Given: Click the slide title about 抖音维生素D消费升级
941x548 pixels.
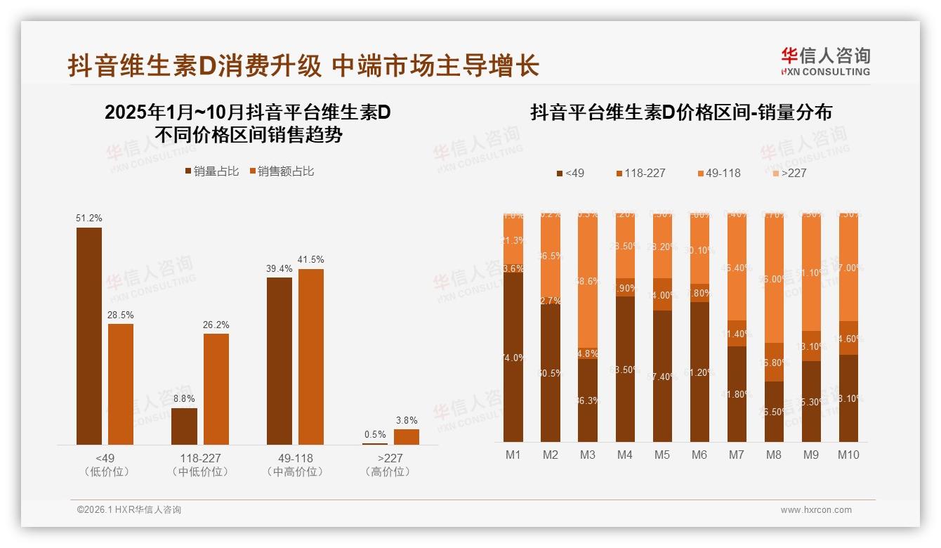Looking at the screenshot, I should point(303,65).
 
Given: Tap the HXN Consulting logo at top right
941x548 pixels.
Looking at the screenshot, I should point(825,62).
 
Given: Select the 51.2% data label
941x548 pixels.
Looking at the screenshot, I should point(89,218).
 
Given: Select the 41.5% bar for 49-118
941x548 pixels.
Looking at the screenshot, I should point(311,356).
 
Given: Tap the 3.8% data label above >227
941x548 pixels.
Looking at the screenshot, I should point(406,420).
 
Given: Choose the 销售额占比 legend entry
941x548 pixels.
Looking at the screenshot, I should point(281,171).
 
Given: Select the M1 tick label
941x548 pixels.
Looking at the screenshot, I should point(513,455).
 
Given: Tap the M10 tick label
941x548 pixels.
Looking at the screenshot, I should point(848,455).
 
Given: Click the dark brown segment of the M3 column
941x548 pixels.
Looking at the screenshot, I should point(588,400).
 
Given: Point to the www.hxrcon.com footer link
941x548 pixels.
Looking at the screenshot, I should point(816,510).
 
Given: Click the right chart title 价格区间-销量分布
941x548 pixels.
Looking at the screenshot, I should point(680,112).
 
